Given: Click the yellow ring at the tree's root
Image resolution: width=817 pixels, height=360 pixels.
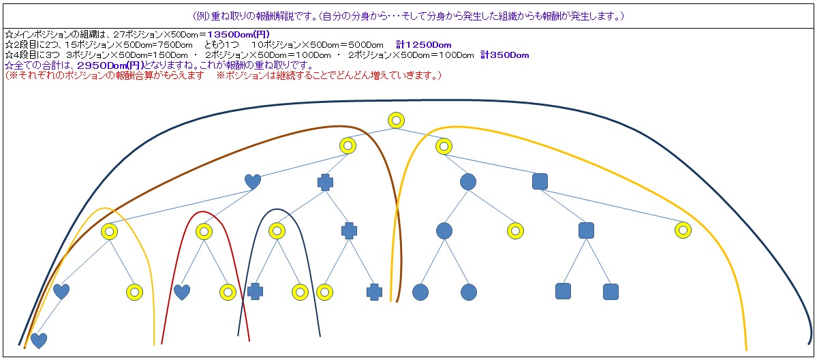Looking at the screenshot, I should tap(396, 121).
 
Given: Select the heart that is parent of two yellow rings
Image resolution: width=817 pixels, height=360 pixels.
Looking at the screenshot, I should tap(253, 182).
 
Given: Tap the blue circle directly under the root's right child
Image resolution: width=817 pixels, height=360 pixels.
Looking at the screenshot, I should tap(467, 181).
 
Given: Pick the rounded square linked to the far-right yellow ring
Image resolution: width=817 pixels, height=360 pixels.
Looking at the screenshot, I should tap(540, 181).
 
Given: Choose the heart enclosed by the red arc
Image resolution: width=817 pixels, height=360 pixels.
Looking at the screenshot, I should tap(182, 292).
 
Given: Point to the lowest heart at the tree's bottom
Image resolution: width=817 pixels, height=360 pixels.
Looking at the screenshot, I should tap(39, 340).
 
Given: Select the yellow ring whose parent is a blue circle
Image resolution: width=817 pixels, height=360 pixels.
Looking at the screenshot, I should tap(516, 231).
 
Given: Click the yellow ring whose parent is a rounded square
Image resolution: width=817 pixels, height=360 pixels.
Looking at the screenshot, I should tap(683, 230).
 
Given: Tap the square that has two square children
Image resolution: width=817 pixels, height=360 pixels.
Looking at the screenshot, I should tap(586, 230).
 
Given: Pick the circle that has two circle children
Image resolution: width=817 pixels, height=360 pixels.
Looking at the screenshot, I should tap(444, 231).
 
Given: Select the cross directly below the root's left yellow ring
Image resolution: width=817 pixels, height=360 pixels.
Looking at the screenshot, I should tap(326, 182).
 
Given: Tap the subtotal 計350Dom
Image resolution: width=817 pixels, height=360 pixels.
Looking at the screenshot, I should tap(504, 55).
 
